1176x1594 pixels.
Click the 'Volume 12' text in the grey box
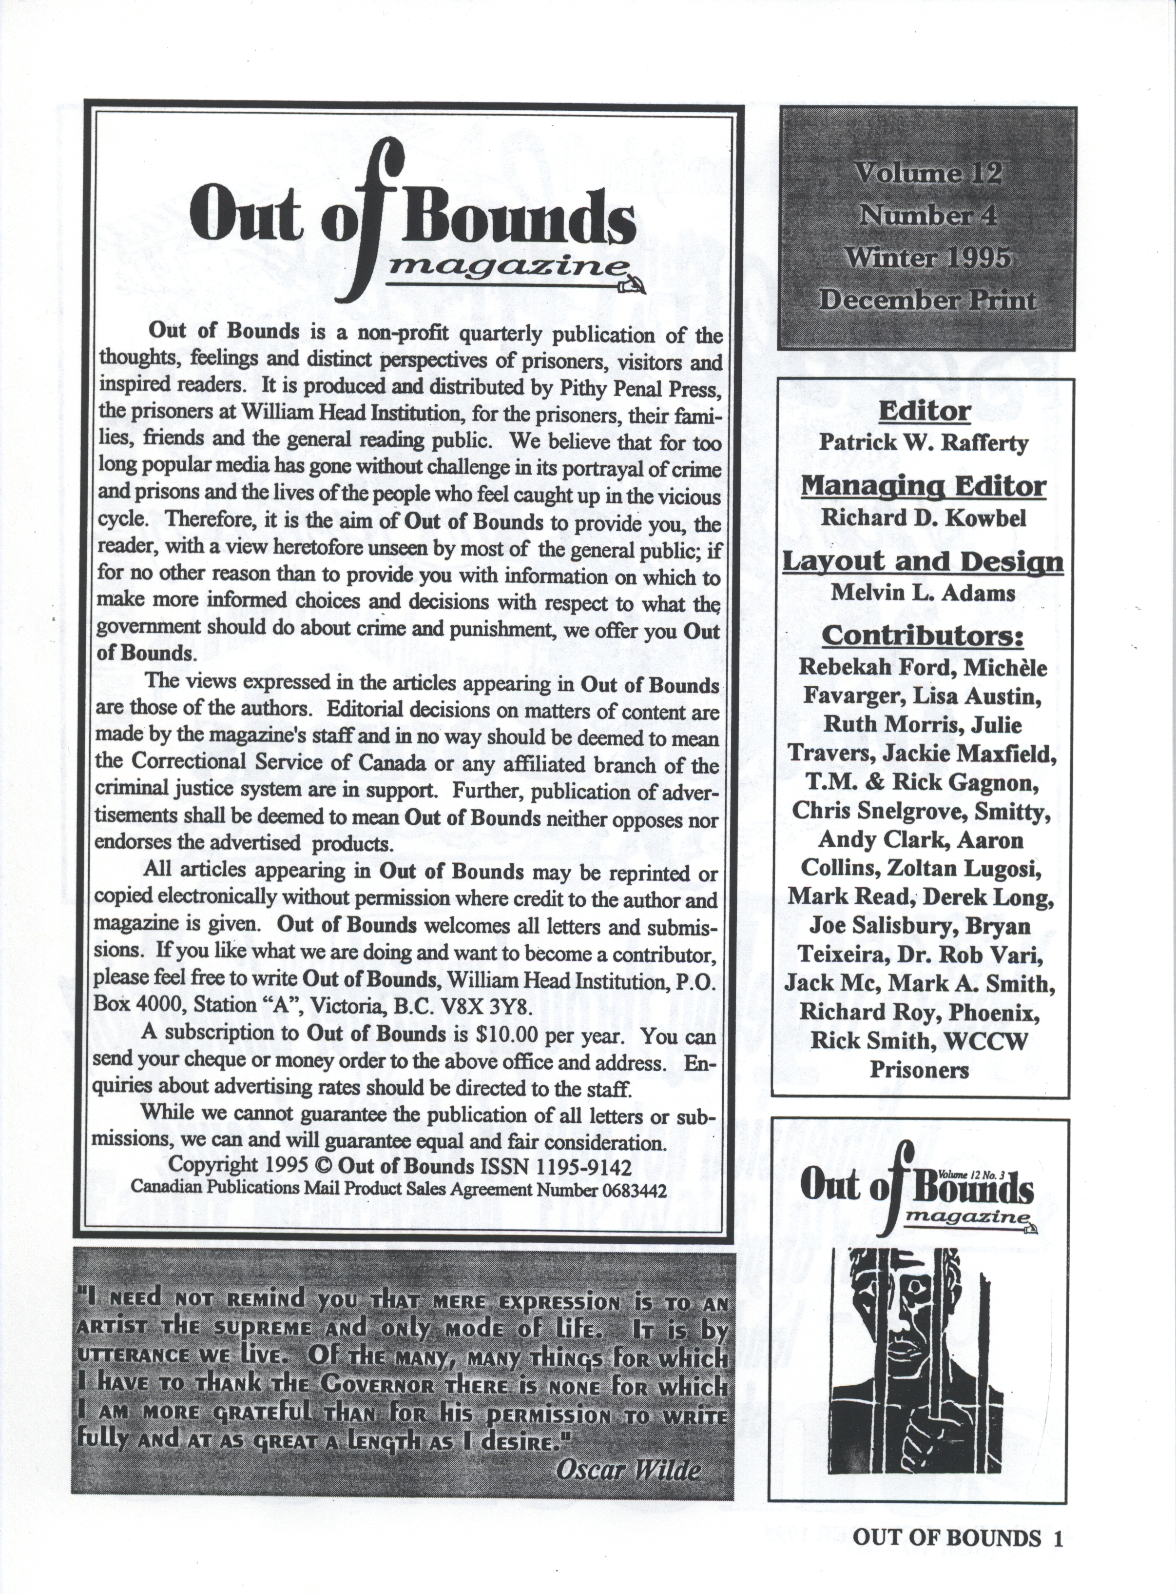point(927,173)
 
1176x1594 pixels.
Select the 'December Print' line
point(927,300)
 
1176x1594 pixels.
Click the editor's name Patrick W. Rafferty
point(923,443)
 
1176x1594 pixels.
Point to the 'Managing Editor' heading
point(923,486)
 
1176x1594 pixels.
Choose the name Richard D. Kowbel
point(923,518)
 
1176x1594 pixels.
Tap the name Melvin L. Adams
point(923,593)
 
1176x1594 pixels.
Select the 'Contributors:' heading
point(923,636)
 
